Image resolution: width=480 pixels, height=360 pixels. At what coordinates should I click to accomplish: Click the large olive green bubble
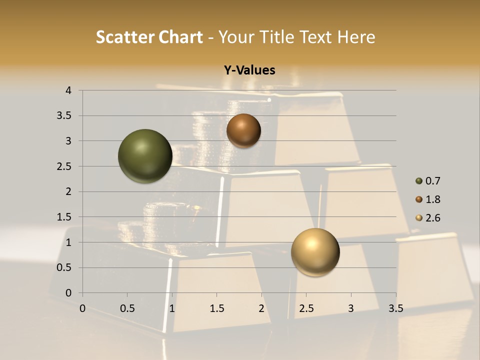pos(145,156)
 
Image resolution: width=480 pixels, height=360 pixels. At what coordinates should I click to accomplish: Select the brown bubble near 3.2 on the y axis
pos(243,131)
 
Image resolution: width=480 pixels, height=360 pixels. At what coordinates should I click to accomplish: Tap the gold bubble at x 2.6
pos(315,252)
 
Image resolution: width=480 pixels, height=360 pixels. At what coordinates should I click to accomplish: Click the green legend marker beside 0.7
pos(419,181)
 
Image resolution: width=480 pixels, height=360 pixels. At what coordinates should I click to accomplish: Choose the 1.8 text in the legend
pos(432,199)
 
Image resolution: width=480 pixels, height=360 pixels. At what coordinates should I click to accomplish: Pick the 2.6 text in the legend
pos(432,218)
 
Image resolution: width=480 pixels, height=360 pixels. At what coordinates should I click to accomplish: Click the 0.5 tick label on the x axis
pos(127,308)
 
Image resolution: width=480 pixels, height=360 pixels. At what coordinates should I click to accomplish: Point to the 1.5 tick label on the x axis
pos(216,308)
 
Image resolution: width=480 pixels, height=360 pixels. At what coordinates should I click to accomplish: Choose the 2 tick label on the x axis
pos(261,308)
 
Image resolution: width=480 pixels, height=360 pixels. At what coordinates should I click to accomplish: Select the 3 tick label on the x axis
pos(351,308)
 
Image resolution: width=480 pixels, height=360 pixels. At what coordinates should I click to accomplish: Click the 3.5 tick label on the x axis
pos(395,308)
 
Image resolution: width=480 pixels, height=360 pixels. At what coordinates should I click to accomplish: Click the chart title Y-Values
pos(249,70)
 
